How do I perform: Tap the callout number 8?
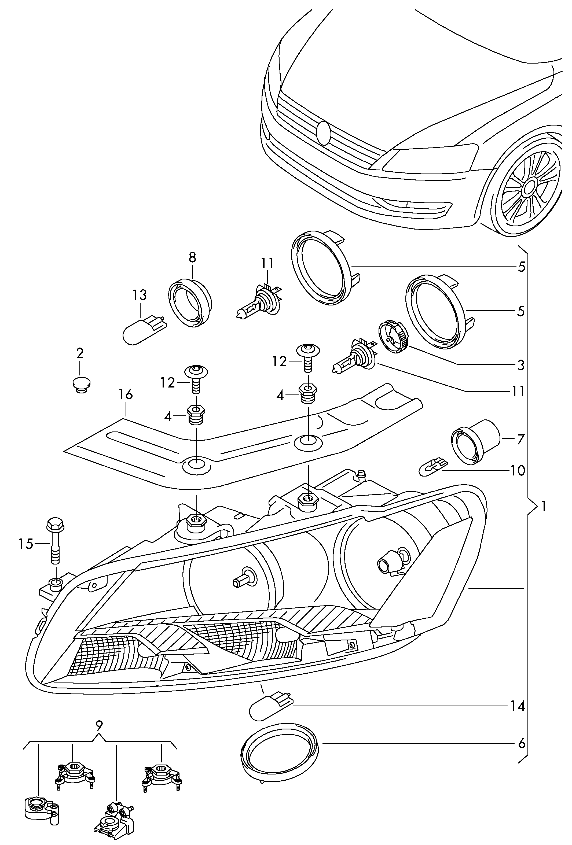pos(192,257)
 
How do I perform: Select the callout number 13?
pos(139,295)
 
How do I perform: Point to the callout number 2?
pos(80,353)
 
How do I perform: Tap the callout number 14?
pos(517,706)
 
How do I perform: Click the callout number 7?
pos(521,439)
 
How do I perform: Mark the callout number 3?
pos(521,365)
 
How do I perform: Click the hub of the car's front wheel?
pos(528,187)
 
